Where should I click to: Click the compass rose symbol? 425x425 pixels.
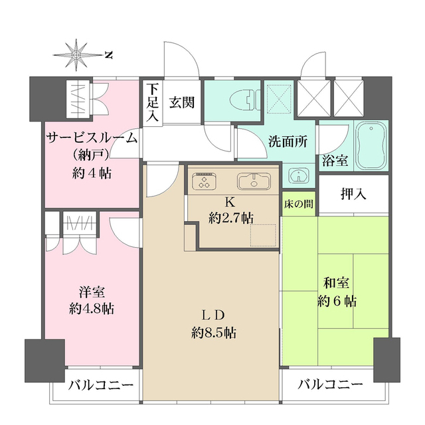coord(77,54)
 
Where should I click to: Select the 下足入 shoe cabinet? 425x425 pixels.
coord(152,102)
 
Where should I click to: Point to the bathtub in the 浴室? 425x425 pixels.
coord(371,146)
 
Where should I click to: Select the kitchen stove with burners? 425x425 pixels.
coord(206,180)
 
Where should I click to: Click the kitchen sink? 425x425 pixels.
coord(251,180)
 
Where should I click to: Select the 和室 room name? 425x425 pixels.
coord(337,281)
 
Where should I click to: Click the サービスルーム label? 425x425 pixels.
coord(92,138)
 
